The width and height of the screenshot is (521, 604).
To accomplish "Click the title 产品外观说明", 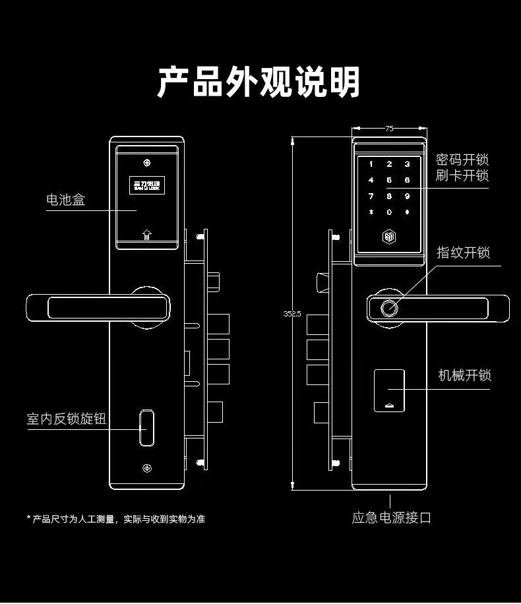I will [259, 82].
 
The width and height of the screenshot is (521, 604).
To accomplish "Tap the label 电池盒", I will [65, 199].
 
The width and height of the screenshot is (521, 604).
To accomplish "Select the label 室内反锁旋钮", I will [66, 419].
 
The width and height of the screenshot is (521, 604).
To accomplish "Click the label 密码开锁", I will [462, 160].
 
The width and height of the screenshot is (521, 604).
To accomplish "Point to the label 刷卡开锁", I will [462, 176].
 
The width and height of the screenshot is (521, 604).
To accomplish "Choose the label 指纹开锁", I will [464, 253].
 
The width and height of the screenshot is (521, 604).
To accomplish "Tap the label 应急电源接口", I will [392, 518].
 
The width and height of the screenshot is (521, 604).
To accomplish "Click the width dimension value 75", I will [389, 129].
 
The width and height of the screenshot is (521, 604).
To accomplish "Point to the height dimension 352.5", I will [292, 314].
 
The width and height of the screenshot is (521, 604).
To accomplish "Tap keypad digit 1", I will [371, 164].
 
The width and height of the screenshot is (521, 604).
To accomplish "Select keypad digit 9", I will [408, 196].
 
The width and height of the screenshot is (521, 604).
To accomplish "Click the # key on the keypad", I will [408, 212].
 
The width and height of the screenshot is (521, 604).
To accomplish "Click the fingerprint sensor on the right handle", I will [389, 307].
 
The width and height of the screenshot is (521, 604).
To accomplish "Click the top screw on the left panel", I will [147, 162].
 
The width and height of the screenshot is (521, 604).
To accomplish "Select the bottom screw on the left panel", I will [146, 469].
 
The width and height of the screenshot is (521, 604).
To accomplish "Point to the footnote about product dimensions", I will [116, 519].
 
